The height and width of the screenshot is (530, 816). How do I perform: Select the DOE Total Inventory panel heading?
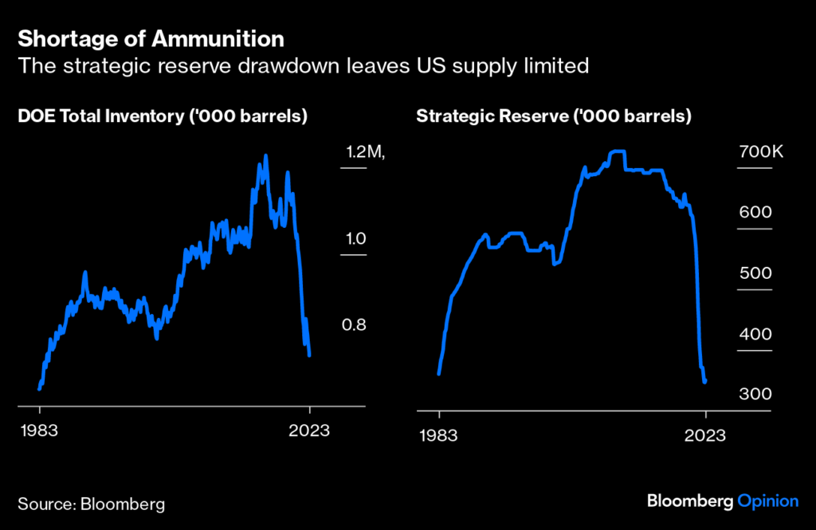point(163,116)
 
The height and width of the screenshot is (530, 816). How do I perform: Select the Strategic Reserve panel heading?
point(553,116)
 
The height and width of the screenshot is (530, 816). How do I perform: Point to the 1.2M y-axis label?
point(363,152)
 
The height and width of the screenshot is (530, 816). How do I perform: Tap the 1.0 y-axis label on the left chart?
point(355,238)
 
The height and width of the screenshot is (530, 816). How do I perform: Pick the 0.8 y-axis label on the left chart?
point(355,324)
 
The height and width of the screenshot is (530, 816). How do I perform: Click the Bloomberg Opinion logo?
point(722,501)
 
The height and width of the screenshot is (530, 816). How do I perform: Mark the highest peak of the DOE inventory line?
point(265,156)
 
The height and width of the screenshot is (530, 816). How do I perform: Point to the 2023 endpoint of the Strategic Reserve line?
point(705,382)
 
